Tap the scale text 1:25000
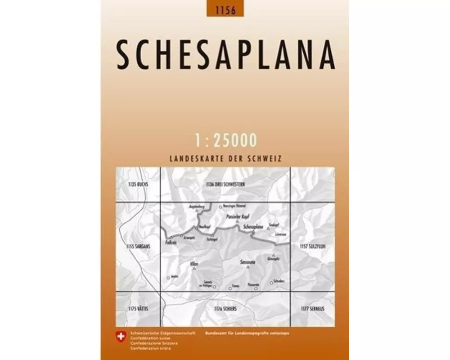tap(226, 140)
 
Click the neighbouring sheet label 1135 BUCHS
tap(138, 184)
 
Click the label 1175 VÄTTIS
tap(138, 308)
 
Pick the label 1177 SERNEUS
tap(312, 308)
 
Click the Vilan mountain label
tap(194, 263)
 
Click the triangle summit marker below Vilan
tap(194, 269)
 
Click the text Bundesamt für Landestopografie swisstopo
tap(253, 333)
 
